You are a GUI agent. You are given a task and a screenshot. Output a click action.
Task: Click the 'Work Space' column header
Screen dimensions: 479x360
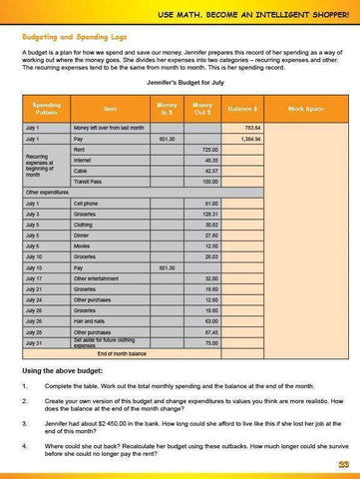click(x=303, y=107)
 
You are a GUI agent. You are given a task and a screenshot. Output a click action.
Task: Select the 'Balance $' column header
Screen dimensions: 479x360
click(x=243, y=107)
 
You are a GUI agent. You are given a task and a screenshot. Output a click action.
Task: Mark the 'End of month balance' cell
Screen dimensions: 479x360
click(x=121, y=353)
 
